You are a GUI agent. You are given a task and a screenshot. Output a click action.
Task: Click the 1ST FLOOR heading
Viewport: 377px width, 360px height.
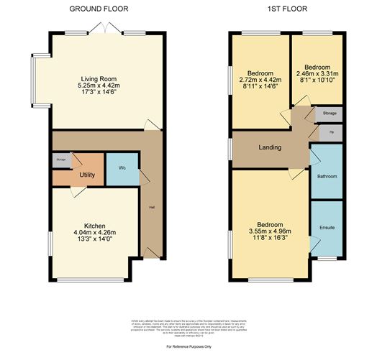tap(286, 9)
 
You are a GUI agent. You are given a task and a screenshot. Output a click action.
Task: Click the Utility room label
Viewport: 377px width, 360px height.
tap(88, 175)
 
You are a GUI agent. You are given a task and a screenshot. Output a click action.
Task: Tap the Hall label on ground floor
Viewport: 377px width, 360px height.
tap(152, 208)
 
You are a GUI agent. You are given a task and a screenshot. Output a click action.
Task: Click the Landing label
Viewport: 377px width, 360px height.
tap(270, 148)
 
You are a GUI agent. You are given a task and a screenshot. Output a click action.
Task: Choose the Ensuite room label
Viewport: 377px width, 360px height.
tap(327, 228)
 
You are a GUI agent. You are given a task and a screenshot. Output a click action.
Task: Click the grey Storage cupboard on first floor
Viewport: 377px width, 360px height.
tap(330, 114)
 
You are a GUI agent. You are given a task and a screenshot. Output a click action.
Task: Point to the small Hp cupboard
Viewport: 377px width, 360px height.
tap(331, 132)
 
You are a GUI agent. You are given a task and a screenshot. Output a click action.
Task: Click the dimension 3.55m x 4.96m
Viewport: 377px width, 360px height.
tap(271, 232)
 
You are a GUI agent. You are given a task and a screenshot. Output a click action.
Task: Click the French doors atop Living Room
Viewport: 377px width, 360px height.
tap(106, 29)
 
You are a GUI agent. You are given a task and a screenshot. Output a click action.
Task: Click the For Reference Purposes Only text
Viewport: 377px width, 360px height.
tap(188, 307)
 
